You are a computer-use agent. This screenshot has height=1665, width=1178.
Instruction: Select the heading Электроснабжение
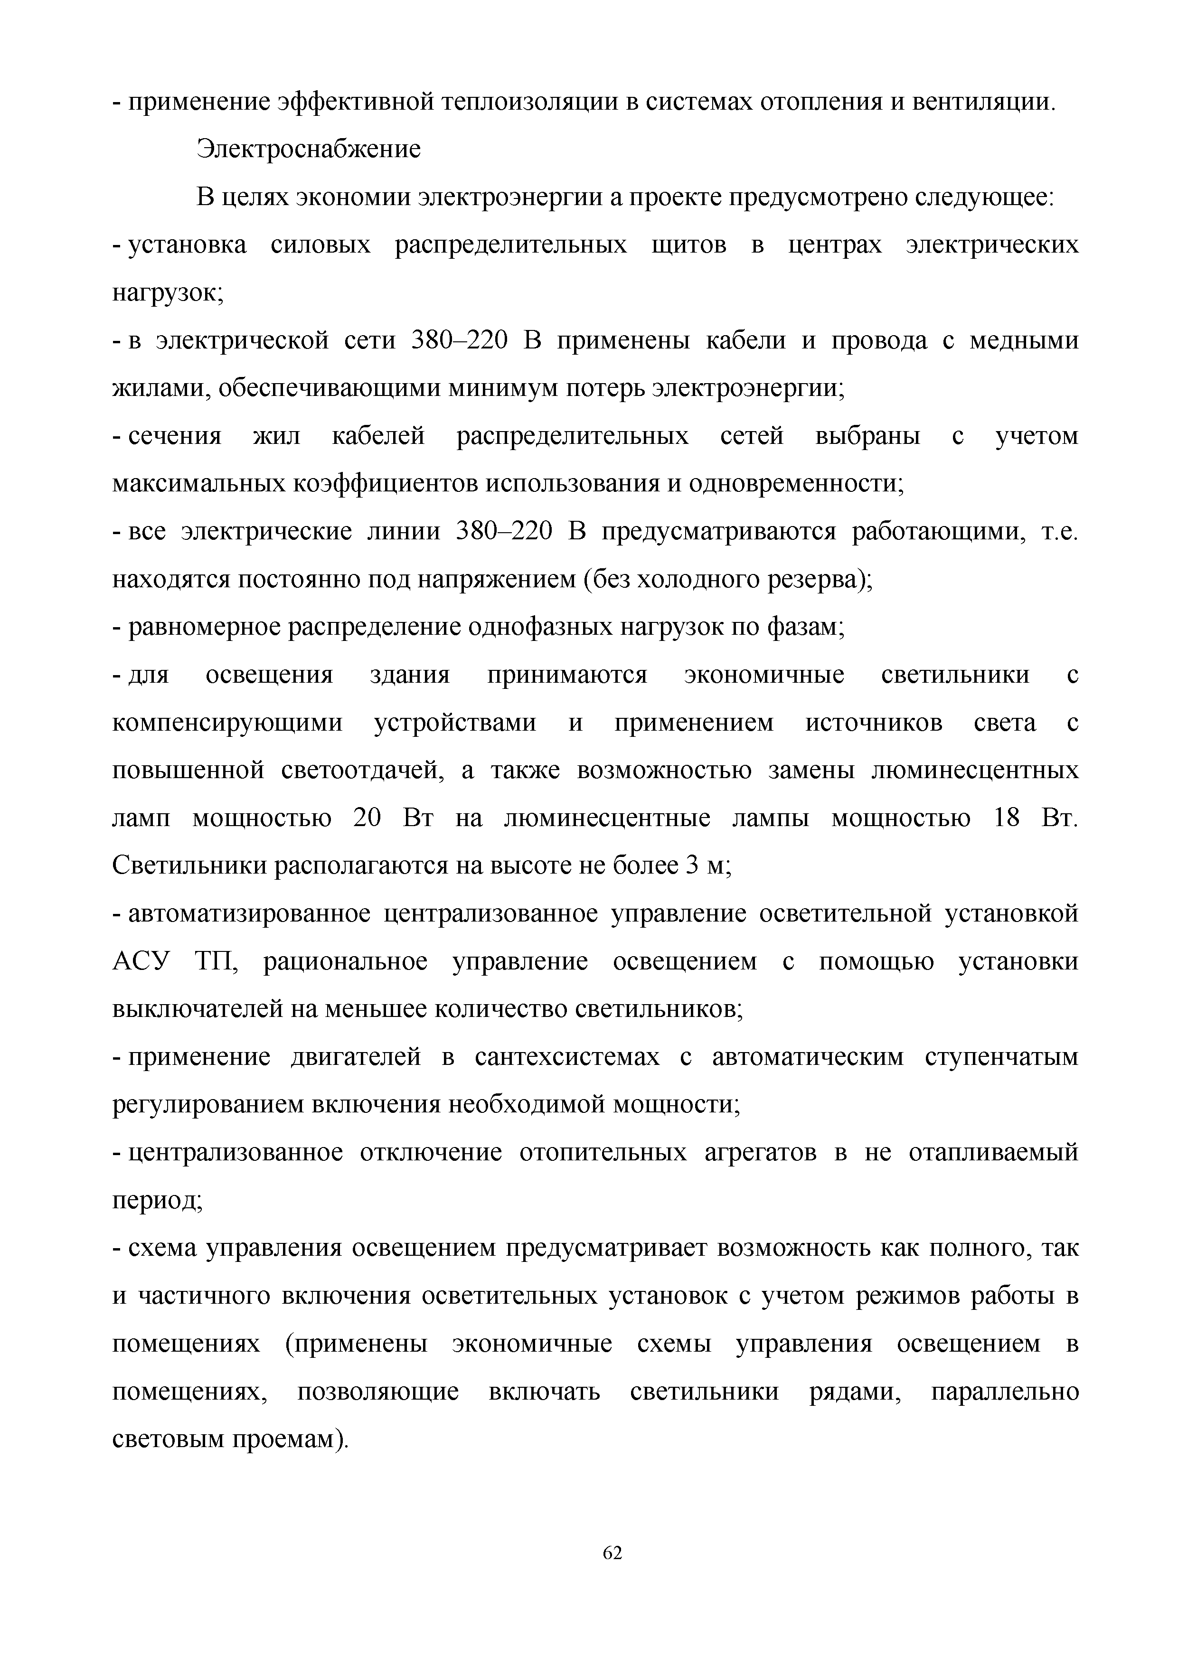308,150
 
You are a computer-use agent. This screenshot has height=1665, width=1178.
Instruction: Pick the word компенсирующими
227,723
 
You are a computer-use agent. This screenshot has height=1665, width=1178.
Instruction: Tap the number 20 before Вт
367,818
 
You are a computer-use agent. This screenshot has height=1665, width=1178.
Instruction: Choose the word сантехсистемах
567,1057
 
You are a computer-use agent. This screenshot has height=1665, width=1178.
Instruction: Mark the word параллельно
1004,1392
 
